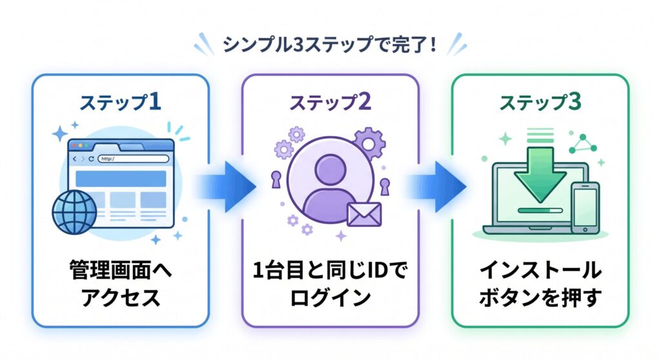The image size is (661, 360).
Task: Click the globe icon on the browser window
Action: point(74,210)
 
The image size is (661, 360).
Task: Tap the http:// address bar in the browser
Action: point(132,158)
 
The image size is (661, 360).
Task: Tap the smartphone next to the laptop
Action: point(585,206)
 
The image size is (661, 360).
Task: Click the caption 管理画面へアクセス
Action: point(120,284)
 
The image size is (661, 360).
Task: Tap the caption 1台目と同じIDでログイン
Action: point(330,284)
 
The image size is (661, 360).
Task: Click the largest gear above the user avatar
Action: point(370,141)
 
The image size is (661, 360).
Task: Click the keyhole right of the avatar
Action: point(385,186)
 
